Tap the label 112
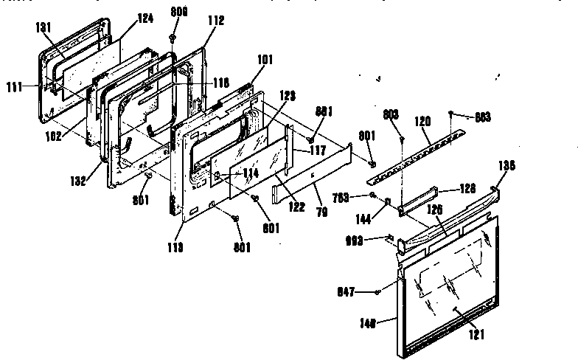point(195,21)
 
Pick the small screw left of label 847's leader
point(378,291)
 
